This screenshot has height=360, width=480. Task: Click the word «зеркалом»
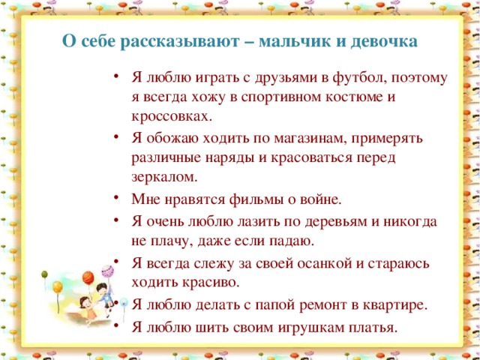tap(164, 178)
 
